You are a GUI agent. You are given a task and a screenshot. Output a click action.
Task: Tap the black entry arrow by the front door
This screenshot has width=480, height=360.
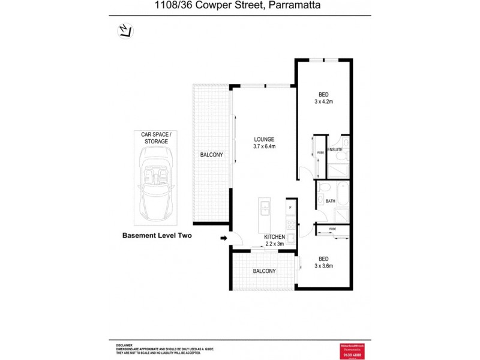[224, 238]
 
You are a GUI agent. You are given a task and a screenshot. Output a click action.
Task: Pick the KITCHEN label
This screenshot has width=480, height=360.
[275, 237]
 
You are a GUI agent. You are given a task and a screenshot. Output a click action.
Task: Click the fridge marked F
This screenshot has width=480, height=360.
[290, 208]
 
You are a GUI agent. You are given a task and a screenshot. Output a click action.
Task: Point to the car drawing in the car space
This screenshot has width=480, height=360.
[155, 179]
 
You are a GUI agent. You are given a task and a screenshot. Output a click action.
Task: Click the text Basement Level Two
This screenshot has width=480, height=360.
[157, 236]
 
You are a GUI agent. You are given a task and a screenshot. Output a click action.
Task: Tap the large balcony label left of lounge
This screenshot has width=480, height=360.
[211, 155]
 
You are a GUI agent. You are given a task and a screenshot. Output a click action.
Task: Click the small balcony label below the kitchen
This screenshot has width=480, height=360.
[264, 271]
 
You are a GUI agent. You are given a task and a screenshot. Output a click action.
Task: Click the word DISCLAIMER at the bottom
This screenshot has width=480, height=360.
[124, 346]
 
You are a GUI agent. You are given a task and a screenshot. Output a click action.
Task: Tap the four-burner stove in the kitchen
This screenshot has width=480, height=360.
[291, 226]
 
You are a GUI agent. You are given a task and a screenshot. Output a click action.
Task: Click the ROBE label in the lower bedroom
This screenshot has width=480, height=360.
[332, 229]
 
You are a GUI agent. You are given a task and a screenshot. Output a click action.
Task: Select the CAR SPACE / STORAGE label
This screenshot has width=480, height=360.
[155, 138]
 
